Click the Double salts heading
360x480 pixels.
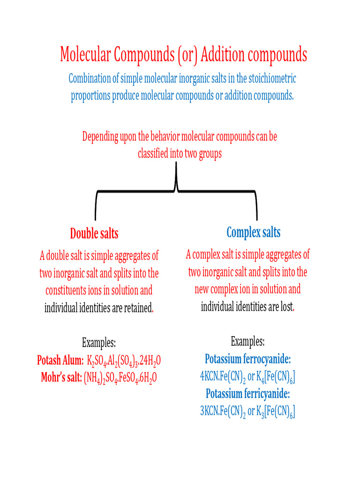tap(94, 233)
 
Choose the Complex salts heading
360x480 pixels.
tap(254, 232)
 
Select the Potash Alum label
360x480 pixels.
tap(60, 360)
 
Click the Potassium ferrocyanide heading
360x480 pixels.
tap(247, 360)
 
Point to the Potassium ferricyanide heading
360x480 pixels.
tap(247, 393)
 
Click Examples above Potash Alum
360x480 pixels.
tap(99, 343)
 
